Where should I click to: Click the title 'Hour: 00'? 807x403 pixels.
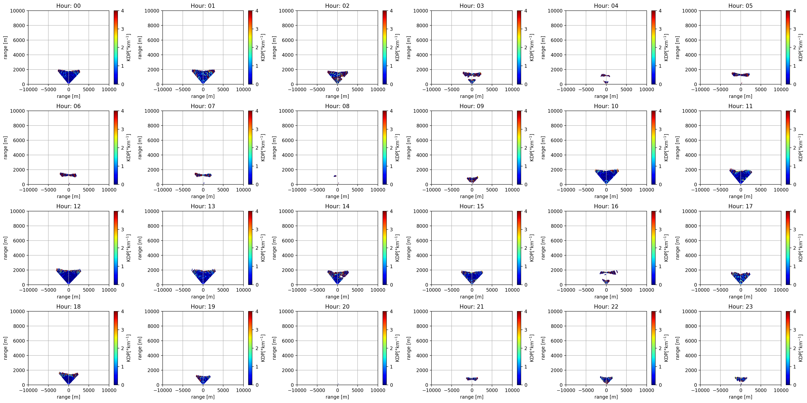[x=68, y=6]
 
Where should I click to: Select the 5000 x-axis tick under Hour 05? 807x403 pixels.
[x=761, y=89]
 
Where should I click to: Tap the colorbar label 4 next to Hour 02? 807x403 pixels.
[x=391, y=11]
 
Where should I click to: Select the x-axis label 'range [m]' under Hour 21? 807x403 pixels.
[x=472, y=397]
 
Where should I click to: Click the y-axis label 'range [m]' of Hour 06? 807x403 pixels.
[x=5, y=148]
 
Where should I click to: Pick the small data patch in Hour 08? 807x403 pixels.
[x=335, y=176]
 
